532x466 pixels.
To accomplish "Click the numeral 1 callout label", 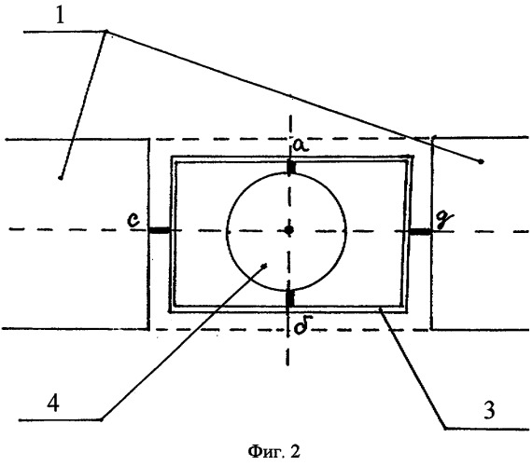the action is [x=60, y=16].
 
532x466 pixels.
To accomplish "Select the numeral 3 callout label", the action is [x=489, y=410].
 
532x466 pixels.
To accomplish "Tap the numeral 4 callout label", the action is [x=53, y=403].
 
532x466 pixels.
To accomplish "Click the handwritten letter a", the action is [x=301, y=146].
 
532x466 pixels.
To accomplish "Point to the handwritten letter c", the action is [x=133, y=220].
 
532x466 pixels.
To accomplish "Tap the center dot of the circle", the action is [x=288, y=230].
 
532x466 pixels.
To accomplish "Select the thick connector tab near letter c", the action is [x=160, y=230].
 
